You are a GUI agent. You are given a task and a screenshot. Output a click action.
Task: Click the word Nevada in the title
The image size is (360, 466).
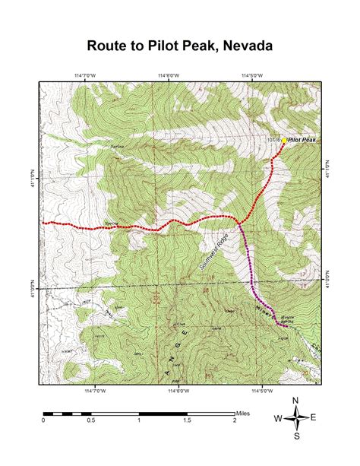pyautogui.click(x=244, y=46)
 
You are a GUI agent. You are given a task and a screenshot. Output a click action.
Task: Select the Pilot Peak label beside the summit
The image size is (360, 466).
pyautogui.click(x=302, y=141)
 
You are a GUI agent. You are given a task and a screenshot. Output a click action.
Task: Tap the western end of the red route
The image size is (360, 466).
pyautogui.click(x=43, y=223)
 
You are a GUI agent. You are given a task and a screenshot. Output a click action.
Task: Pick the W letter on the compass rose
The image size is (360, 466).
pyautogui.click(x=279, y=417)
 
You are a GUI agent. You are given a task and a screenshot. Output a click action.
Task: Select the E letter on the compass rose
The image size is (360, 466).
pyautogui.click(x=313, y=417)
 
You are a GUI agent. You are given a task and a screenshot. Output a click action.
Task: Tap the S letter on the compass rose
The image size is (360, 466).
pyautogui.click(x=296, y=436)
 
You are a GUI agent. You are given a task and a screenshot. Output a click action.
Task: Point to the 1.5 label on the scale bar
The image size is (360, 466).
pyautogui.click(x=187, y=420)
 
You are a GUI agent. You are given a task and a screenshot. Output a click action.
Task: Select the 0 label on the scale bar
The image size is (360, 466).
pyautogui.click(x=44, y=420)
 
